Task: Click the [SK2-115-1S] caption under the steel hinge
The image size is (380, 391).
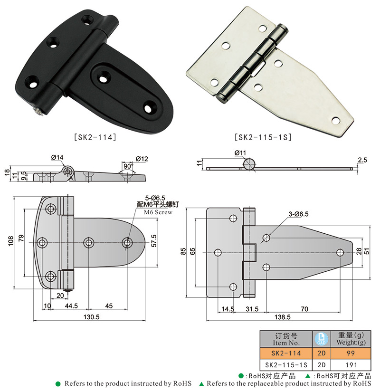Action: (263, 138)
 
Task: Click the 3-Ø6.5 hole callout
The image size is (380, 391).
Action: (298, 214)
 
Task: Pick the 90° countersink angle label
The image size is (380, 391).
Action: (127, 166)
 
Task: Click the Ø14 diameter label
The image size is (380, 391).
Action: (57, 157)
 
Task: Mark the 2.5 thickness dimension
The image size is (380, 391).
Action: (362, 160)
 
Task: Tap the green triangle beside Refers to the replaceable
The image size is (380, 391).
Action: (201, 383)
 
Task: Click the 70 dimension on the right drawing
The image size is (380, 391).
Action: (304, 309)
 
